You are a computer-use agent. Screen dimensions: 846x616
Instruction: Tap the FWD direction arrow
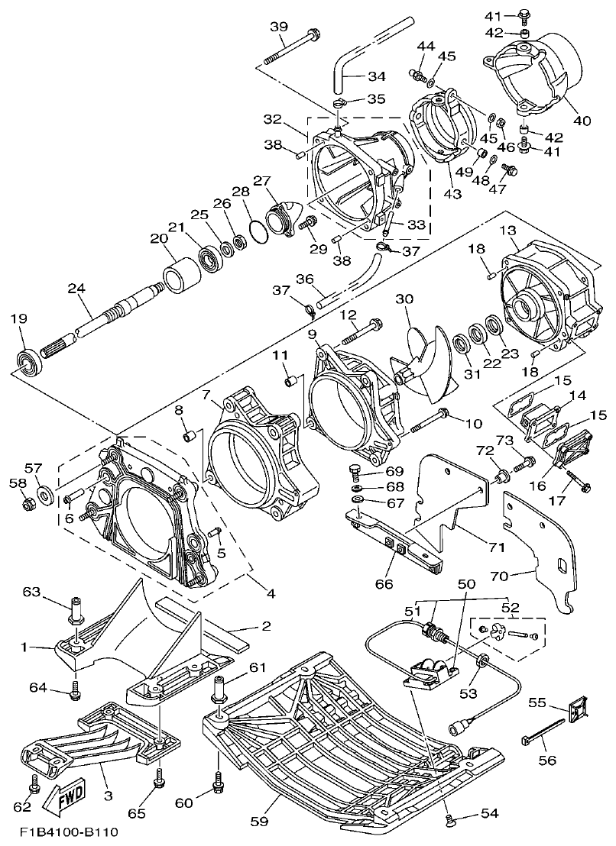[65, 795]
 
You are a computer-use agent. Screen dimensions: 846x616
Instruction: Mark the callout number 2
[265, 627]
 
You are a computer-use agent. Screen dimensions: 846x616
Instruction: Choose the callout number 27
[262, 180]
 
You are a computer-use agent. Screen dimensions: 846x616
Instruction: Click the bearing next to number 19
[29, 361]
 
